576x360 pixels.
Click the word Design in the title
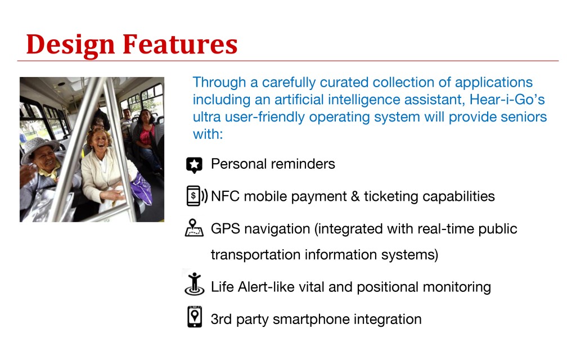pos(70,45)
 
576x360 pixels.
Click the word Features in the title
pos(180,44)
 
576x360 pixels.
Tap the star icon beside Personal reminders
pos(194,165)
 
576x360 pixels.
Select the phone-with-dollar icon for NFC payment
pos(197,196)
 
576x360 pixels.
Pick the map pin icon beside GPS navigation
pos(194,228)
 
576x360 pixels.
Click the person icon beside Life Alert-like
pos(194,283)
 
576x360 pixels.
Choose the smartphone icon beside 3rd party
pos(195,316)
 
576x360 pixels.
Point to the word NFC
pos(226,196)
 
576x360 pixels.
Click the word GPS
pos(226,229)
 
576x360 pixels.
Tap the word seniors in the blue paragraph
pos(524,117)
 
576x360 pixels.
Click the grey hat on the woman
pos(38,148)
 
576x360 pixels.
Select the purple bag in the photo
pos(142,189)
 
